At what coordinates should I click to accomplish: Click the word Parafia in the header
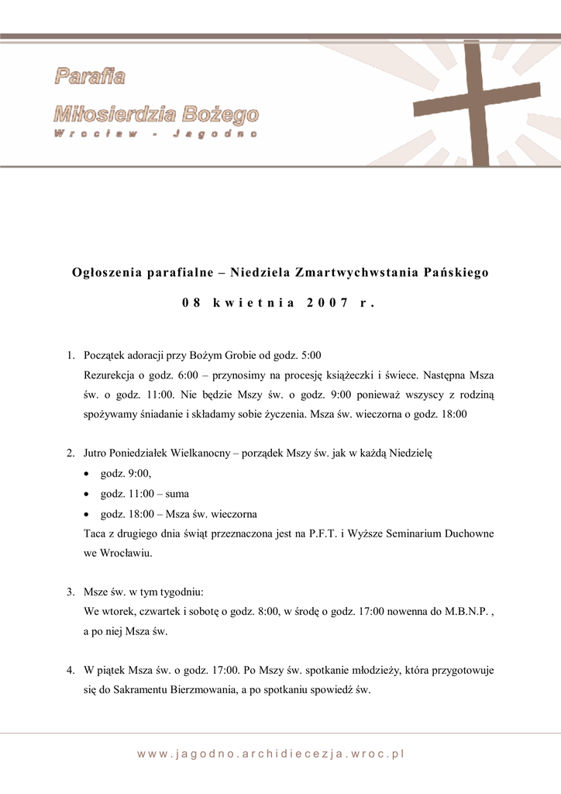tap(90, 76)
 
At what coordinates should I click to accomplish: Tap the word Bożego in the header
tap(221, 116)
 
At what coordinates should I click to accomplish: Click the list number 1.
tap(70, 356)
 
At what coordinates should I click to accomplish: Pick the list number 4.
tap(70, 669)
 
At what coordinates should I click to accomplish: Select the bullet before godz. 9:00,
tap(87, 474)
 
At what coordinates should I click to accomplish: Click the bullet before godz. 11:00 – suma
tap(87, 494)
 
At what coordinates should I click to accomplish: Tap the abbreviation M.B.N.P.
tap(466, 611)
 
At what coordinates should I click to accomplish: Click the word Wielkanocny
tap(194, 453)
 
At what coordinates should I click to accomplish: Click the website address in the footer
tap(272, 753)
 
